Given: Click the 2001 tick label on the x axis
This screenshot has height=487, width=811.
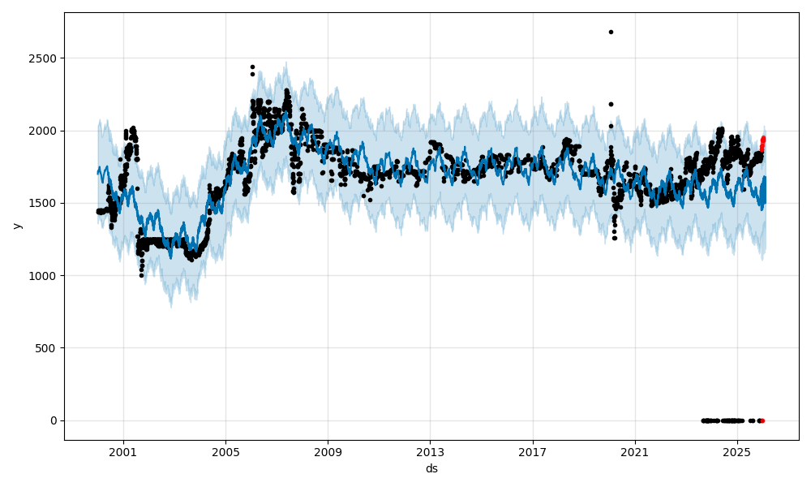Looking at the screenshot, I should [123, 450].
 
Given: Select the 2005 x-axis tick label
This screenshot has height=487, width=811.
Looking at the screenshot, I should [225, 450].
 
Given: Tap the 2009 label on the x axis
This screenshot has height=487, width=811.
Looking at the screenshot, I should [328, 450].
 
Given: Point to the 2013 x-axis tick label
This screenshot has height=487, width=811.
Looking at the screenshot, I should [430, 450].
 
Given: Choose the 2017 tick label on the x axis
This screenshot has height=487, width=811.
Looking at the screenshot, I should [532, 450].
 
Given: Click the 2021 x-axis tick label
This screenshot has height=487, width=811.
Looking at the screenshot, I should [634, 450].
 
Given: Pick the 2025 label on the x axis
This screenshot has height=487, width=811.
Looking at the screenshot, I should [736, 450].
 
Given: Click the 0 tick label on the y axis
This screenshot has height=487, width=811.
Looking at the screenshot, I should [54, 420].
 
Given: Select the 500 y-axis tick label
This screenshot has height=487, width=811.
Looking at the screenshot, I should [49, 348].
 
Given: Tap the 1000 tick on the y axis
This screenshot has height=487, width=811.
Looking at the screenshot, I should [45, 276].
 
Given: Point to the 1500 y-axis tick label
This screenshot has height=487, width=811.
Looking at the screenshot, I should [45, 203].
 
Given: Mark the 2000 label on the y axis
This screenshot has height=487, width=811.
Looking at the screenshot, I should [45, 131].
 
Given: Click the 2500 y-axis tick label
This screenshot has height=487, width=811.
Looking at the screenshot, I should [45, 58].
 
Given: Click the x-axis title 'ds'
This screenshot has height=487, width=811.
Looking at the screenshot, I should [431, 468].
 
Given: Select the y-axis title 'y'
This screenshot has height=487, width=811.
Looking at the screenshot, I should [15, 226].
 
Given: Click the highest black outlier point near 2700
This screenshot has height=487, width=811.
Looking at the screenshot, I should [611, 32].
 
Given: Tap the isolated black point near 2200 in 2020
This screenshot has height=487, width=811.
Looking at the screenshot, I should [611, 104].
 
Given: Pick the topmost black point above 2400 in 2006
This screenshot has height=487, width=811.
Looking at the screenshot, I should [252, 67].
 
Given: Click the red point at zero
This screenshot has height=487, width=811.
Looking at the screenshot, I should [762, 420].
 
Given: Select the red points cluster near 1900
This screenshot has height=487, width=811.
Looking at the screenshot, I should [762, 141].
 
